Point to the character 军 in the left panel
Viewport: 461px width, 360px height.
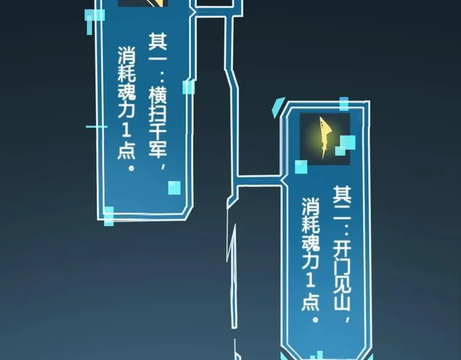(157, 149)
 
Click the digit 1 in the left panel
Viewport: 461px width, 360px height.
(127, 130)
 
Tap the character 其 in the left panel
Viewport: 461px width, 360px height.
(157, 41)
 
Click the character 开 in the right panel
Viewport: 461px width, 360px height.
(342, 250)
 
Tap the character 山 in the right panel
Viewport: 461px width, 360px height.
(342, 303)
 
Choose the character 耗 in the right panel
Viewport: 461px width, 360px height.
(310, 224)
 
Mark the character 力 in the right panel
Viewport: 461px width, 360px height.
(310, 260)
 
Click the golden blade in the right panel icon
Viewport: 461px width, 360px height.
(325, 137)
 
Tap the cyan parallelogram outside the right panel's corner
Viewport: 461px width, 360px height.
(278, 107)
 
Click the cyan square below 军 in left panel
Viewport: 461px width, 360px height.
(175, 188)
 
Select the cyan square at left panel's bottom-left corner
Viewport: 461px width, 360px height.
(108, 216)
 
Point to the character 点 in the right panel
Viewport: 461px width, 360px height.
(310, 302)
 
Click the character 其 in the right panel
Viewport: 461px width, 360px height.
(342, 195)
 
